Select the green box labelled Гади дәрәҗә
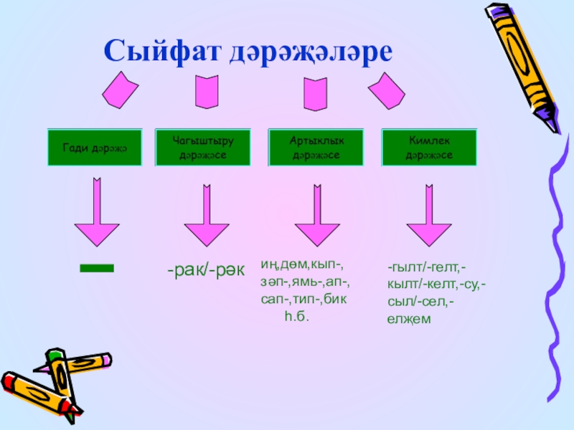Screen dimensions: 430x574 tap(94, 148)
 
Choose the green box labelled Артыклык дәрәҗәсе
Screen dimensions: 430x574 tap(316, 148)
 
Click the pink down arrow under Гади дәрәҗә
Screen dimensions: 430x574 tap(97, 214)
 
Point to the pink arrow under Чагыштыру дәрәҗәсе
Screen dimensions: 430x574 tap(206, 214)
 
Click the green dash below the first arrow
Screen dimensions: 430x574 tap(96, 268)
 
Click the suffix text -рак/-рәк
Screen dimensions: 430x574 tap(206, 272)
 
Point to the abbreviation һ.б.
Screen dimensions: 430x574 tap(296, 316)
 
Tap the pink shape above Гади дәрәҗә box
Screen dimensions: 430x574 tap(119, 90)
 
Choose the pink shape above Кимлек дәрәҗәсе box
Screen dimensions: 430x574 tap(387, 91)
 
